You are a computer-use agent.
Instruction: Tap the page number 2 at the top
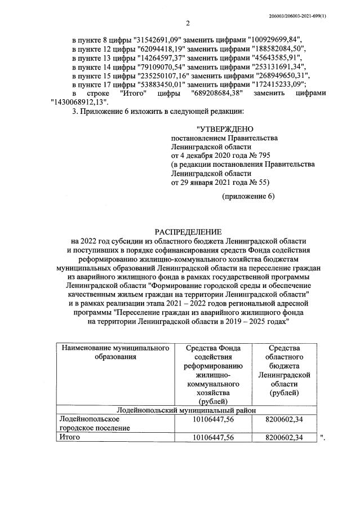pos(188,24)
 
